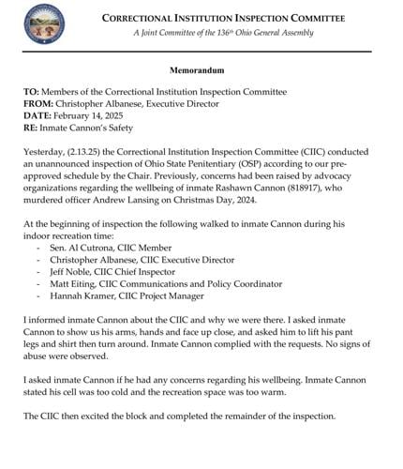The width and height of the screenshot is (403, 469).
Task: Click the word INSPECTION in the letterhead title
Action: (253, 19)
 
